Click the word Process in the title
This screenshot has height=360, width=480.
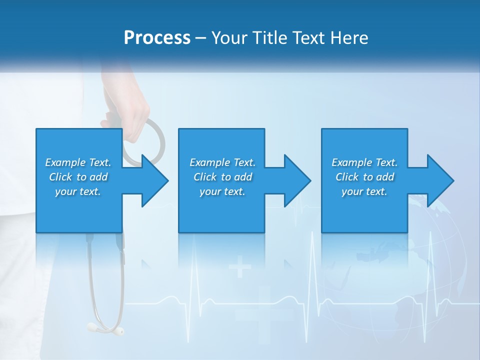[157, 38]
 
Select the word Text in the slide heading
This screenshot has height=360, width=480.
[308, 38]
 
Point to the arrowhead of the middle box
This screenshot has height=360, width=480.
[296, 180]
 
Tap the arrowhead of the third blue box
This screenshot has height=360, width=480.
[439, 180]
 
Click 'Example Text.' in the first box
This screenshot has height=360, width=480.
[78, 162]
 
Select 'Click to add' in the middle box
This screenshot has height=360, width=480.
[222, 177]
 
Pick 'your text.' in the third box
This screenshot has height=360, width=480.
[364, 191]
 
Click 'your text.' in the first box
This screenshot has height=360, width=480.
[78, 191]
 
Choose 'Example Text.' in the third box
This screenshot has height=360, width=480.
[364, 162]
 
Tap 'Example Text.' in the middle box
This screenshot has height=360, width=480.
[222, 162]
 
